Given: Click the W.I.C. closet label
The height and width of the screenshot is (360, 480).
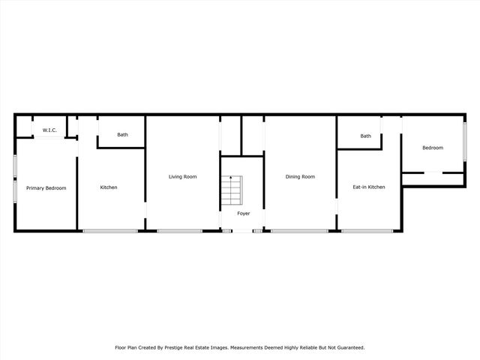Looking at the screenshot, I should tap(49, 130).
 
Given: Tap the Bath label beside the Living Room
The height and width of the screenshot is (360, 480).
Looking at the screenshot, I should tap(122, 135).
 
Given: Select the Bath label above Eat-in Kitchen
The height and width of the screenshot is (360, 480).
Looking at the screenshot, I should tap(365, 136).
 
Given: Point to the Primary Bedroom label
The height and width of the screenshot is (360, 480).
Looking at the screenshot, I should tap(46, 187).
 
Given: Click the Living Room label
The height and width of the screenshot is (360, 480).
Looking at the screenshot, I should tap(182, 176).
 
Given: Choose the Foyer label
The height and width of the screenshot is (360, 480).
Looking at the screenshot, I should tap(243, 214).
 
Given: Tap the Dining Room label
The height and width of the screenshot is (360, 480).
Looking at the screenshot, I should tap(300, 176).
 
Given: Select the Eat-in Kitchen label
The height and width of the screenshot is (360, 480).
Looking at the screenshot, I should tap(369, 187).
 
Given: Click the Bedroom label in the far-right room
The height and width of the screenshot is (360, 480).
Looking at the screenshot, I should tap(433, 148).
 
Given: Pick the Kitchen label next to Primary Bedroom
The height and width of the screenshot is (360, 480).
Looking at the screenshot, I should tap(109, 187).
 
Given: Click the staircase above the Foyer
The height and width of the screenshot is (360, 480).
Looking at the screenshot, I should tap(231, 190).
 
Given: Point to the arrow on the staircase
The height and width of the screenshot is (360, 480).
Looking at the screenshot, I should tap(231, 178).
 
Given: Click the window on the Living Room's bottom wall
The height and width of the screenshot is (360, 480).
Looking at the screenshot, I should tap(184, 230).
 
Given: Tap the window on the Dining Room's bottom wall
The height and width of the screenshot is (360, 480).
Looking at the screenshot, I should tap(299, 230).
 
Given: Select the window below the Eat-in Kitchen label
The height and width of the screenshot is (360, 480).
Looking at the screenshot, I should tap(367, 230).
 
